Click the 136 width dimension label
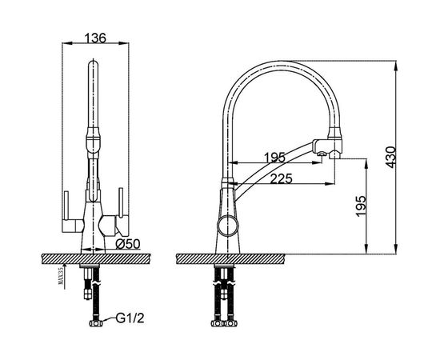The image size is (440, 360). [x=95, y=38]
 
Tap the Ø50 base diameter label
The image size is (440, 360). [x=128, y=244]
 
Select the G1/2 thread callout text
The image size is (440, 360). [x=130, y=318]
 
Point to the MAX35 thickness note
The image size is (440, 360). [x=61, y=275]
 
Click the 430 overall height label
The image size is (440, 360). [x=390, y=157]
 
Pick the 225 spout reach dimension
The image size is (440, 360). [x=281, y=178]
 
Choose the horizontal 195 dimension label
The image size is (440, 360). [x=274, y=158]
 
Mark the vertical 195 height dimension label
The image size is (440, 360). [x=361, y=206]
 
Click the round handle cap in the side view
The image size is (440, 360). [x=228, y=226]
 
